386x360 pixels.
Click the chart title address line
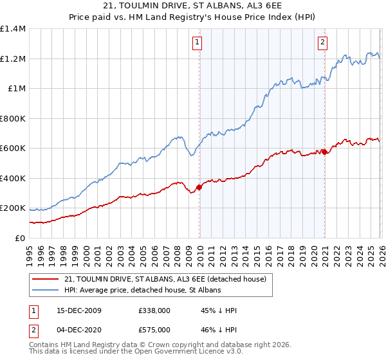pyautogui.click(x=193, y=6)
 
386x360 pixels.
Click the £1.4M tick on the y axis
pyautogui.click(x=13, y=29)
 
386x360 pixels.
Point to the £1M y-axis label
pyautogui.click(x=16, y=89)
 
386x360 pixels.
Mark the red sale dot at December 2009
pyautogui.click(x=199, y=187)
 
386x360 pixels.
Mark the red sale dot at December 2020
pyautogui.click(x=324, y=152)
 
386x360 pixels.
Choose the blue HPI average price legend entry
pyautogui.click(x=142, y=291)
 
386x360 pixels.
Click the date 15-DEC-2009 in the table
pyautogui.click(x=78, y=310)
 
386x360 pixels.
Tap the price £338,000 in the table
pyautogui.click(x=153, y=310)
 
